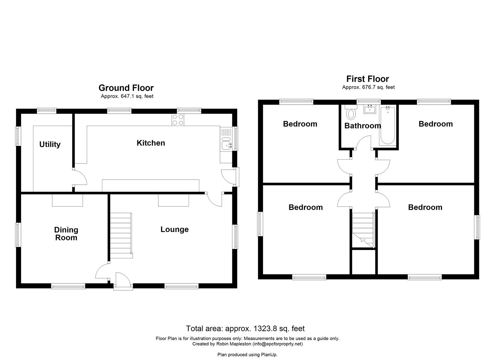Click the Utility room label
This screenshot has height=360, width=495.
pyautogui.click(x=50, y=144)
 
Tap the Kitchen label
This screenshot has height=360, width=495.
pyautogui.click(x=151, y=143)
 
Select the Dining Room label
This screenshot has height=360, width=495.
pyautogui.click(x=66, y=234)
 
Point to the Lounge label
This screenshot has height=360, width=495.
pyautogui.click(x=174, y=229)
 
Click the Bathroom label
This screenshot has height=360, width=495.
pyautogui.click(x=362, y=126)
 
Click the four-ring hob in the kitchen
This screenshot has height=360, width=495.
pyautogui.click(x=178, y=120)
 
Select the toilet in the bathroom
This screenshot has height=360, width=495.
pyautogui.click(x=350, y=113)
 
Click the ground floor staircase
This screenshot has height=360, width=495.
pyautogui.click(x=121, y=235)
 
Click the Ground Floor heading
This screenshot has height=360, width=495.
pyautogui.click(x=126, y=88)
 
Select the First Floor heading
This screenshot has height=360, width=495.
pyautogui.click(x=367, y=79)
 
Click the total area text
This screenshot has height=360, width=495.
pyautogui.click(x=245, y=329)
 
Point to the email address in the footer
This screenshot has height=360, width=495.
pyautogui.click(x=277, y=344)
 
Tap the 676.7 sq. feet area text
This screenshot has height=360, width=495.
pyautogui.click(x=368, y=87)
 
